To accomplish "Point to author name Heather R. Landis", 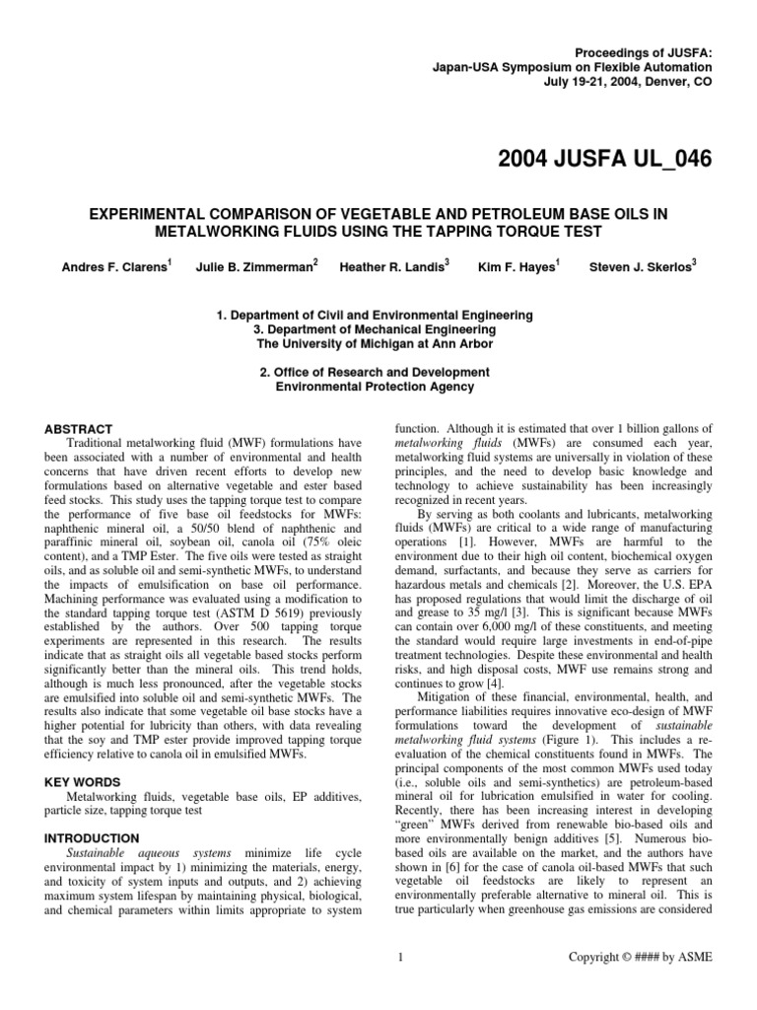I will pos(393,268).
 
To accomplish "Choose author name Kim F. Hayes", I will pos(518,268).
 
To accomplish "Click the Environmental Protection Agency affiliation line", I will pos(374,387).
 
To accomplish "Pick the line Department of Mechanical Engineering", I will pos(374,329).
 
